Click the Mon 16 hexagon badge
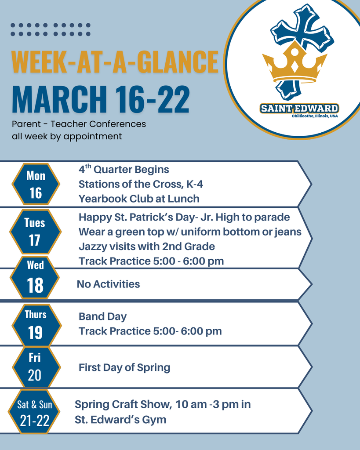[x=36, y=184]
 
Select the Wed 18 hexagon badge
[x=35, y=277]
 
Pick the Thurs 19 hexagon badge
[x=35, y=324]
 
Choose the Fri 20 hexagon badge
[x=35, y=366]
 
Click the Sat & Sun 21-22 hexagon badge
[x=35, y=412]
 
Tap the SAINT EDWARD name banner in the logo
[x=299, y=108]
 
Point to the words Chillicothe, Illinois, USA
[x=315, y=116]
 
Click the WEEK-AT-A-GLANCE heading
[x=115, y=62]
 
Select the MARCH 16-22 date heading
[x=101, y=99]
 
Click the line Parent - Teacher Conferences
[x=79, y=124]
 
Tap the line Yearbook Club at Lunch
[x=139, y=199]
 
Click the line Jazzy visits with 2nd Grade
[x=147, y=246]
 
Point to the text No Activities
[x=108, y=284]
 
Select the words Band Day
[x=102, y=316]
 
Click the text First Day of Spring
[x=124, y=367]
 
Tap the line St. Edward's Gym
[x=120, y=420]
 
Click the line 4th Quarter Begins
[x=124, y=169]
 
